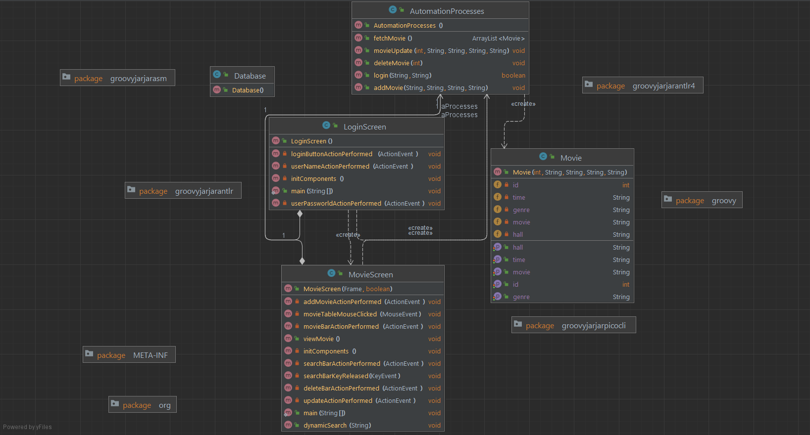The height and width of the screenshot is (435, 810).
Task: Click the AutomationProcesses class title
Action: pyautogui.click(x=447, y=11)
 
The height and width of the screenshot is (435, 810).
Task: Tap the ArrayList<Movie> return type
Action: pyautogui.click(x=498, y=39)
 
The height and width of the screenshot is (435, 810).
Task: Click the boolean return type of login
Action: pyautogui.click(x=513, y=76)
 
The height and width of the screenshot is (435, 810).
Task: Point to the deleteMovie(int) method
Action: pyautogui.click(x=398, y=63)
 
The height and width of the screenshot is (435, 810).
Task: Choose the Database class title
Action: pyautogui.click(x=250, y=76)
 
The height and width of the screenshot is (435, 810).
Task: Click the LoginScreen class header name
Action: pyautogui.click(x=364, y=127)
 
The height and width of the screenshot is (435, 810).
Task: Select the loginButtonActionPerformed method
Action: pyautogui.click(x=331, y=154)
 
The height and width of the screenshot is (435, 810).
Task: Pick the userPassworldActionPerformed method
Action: pyautogui.click(x=336, y=204)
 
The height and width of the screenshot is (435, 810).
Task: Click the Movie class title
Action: pyautogui.click(x=571, y=158)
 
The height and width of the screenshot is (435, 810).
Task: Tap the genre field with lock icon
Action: pyautogui.click(x=521, y=210)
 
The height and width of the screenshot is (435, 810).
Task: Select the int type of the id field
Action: pyautogui.click(x=626, y=185)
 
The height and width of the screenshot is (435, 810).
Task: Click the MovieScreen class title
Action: pyautogui.click(x=370, y=275)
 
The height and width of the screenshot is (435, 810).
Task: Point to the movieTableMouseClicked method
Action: pyautogui.click(x=340, y=314)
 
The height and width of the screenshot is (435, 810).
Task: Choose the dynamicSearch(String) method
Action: pyautogui.click(x=337, y=426)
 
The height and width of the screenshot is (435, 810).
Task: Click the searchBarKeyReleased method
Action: pyautogui.click(x=336, y=376)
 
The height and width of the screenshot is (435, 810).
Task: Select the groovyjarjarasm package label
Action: pyautogui.click(x=138, y=79)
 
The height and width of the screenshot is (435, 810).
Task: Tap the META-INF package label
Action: pyautogui.click(x=150, y=355)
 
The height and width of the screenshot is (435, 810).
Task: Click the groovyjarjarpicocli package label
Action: pyautogui.click(x=593, y=326)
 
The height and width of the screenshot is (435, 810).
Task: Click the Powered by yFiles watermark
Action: pyautogui.click(x=27, y=427)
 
